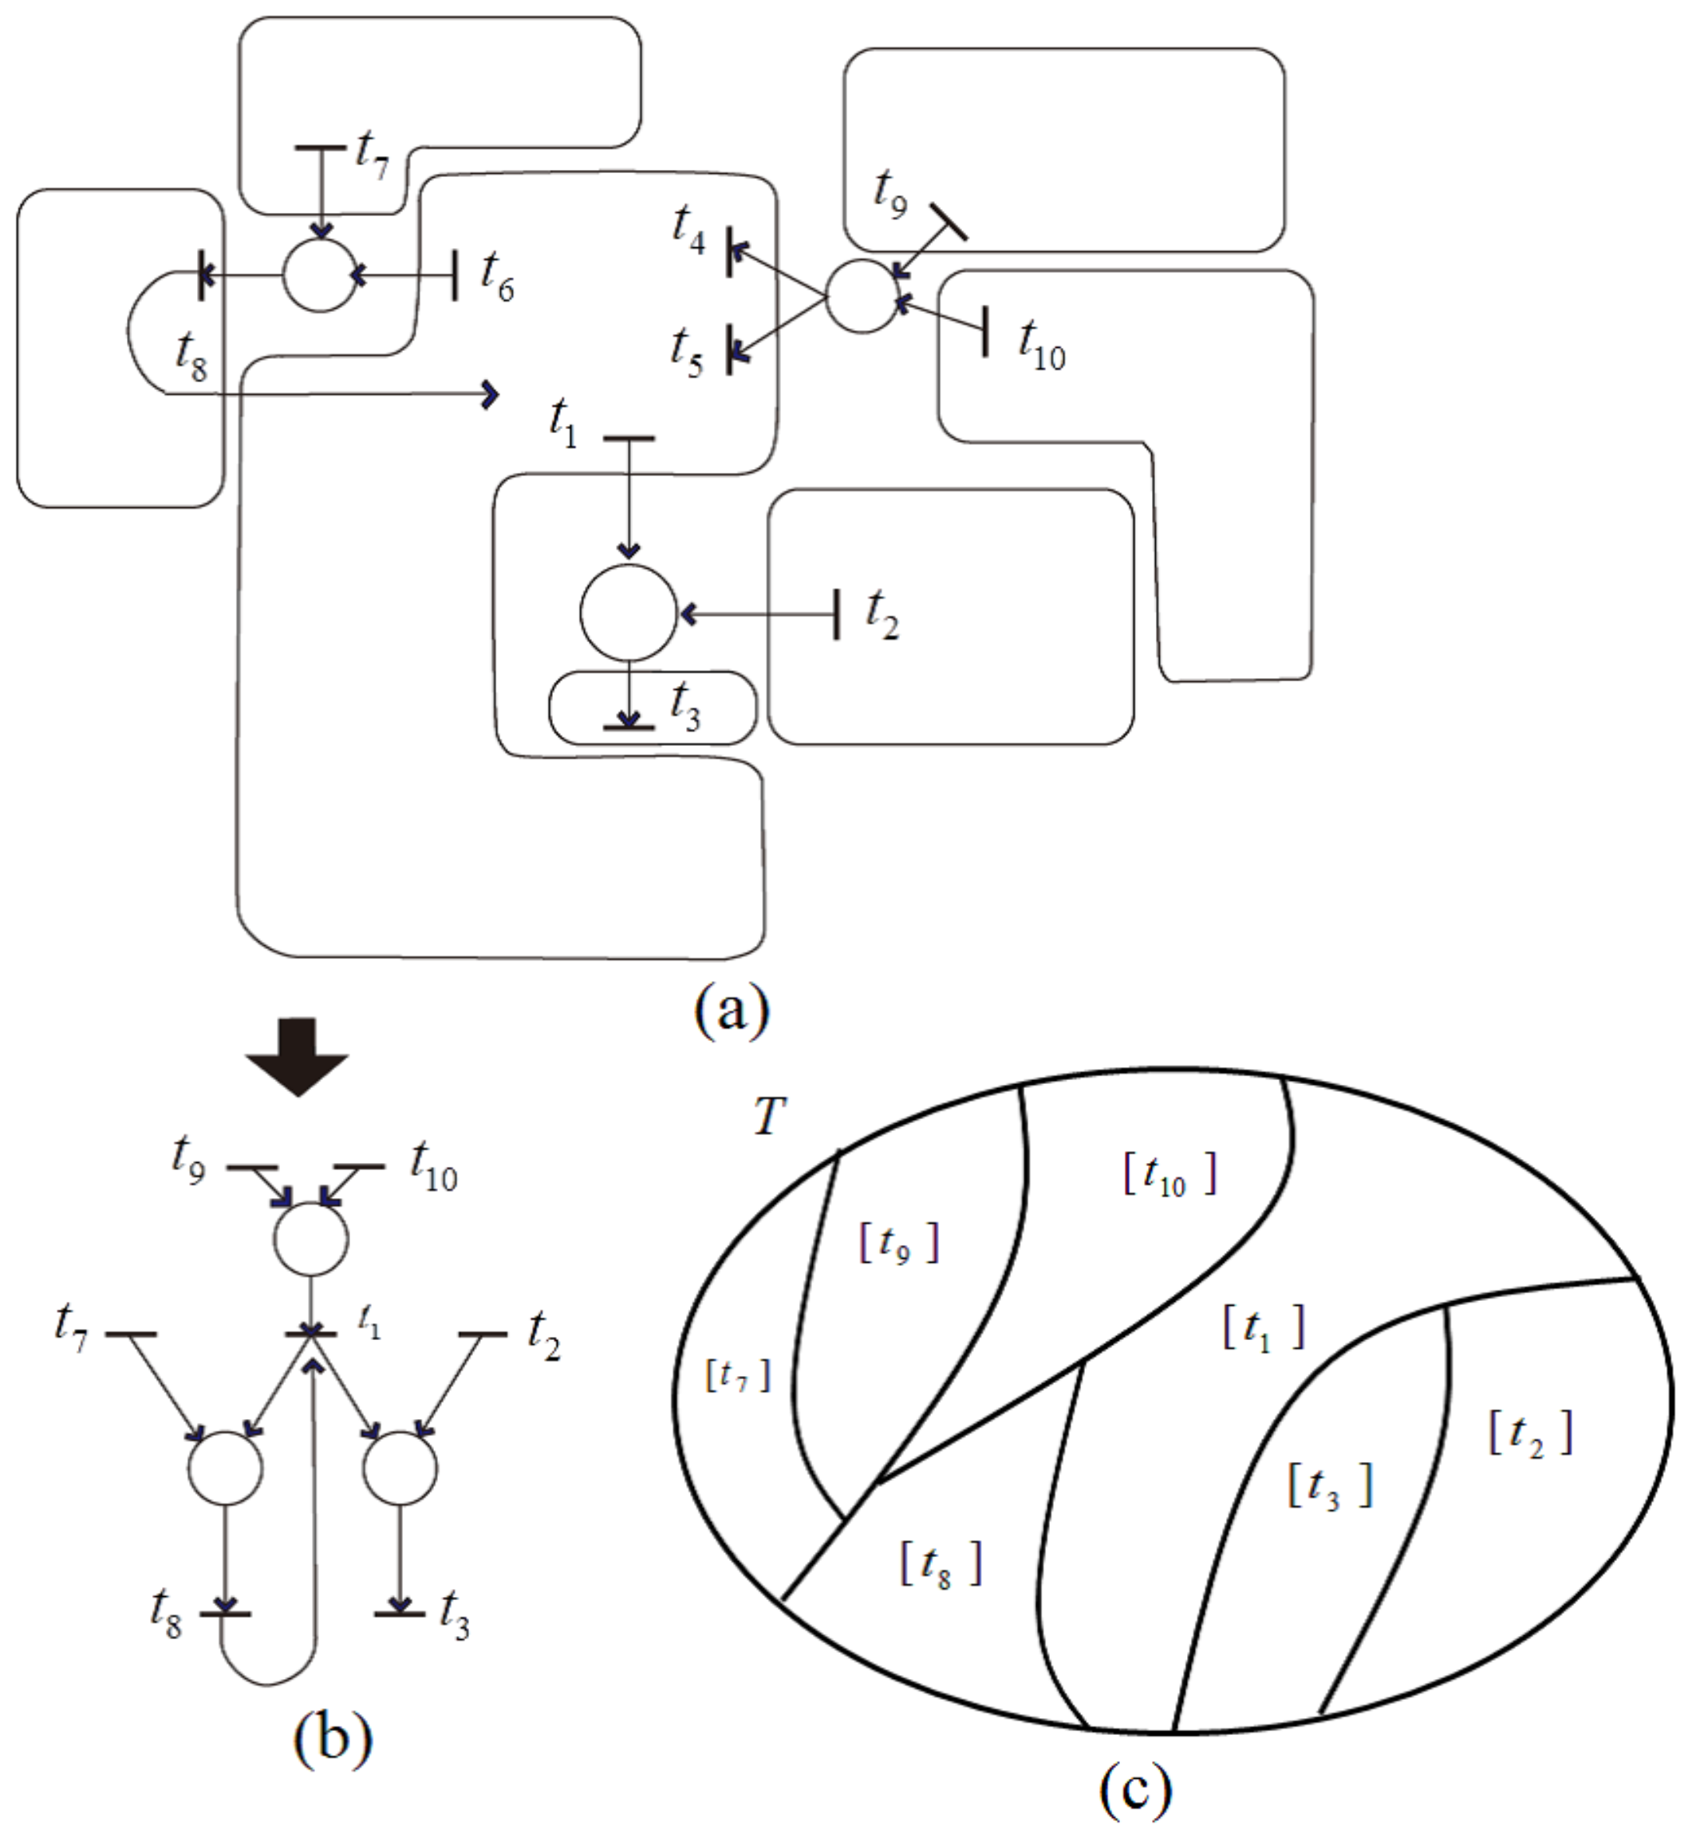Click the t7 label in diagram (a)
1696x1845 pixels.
point(372,152)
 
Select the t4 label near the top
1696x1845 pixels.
point(688,227)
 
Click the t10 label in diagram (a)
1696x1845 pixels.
point(1042,343)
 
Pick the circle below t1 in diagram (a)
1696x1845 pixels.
point(629,613)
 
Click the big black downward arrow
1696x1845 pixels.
point(298,1057)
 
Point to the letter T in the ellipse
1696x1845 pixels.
point(769,1118)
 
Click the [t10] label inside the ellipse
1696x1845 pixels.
point(1169,1175)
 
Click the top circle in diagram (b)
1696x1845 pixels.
point(311,1239)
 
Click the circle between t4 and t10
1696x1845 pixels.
point(862,297)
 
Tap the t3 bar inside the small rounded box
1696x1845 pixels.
point(629,727)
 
